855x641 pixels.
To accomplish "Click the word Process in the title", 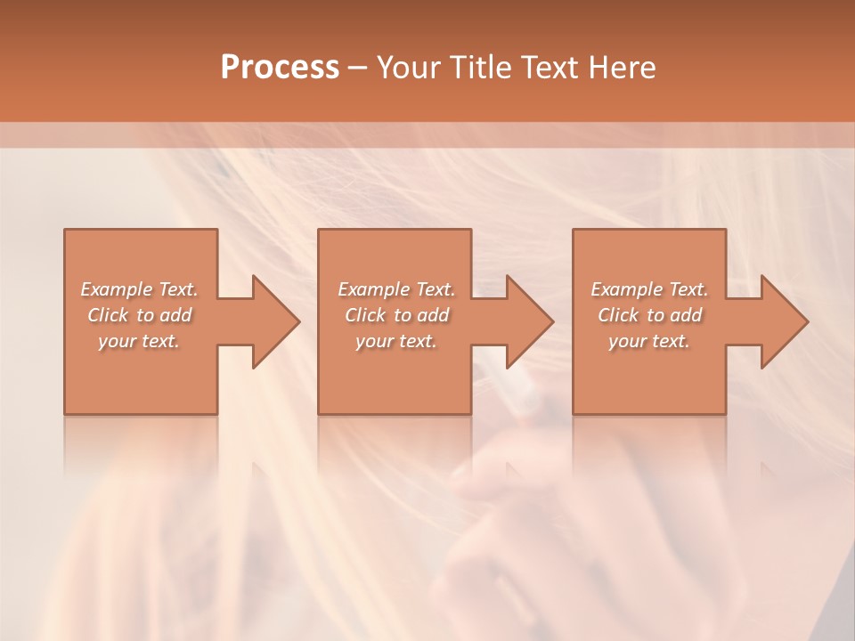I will (280, 68).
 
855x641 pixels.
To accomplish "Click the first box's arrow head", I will (275, 321).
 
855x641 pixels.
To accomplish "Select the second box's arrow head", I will (529, 321).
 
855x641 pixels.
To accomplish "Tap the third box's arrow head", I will (784, 321).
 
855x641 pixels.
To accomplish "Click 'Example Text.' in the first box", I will (139, 289).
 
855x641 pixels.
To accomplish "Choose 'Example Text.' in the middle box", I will (396, 289).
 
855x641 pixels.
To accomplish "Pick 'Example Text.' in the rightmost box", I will (649, 289).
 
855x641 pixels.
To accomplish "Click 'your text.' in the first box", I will (139, 341).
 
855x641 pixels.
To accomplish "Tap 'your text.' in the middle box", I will (396, 341).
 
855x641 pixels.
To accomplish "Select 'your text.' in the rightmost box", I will (649, 341).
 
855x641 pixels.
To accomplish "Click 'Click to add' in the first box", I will (139, 315).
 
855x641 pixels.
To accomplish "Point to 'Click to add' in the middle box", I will (396, 315).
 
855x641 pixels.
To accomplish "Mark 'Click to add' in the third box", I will (649, 315).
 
